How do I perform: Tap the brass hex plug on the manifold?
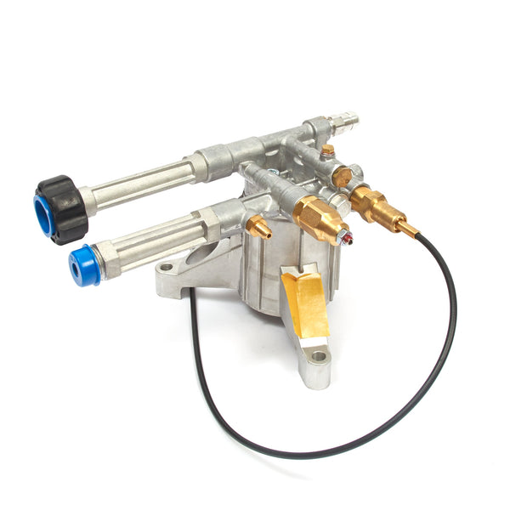[343, 177]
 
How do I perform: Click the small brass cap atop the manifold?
[327, 151]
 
